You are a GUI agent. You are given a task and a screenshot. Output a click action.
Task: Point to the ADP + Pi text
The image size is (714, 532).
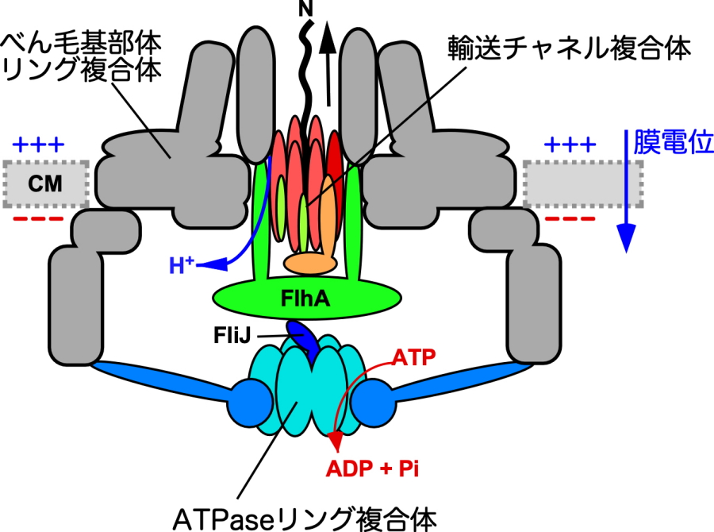372,468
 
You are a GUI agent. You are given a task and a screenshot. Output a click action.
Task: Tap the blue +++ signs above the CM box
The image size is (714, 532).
40,145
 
